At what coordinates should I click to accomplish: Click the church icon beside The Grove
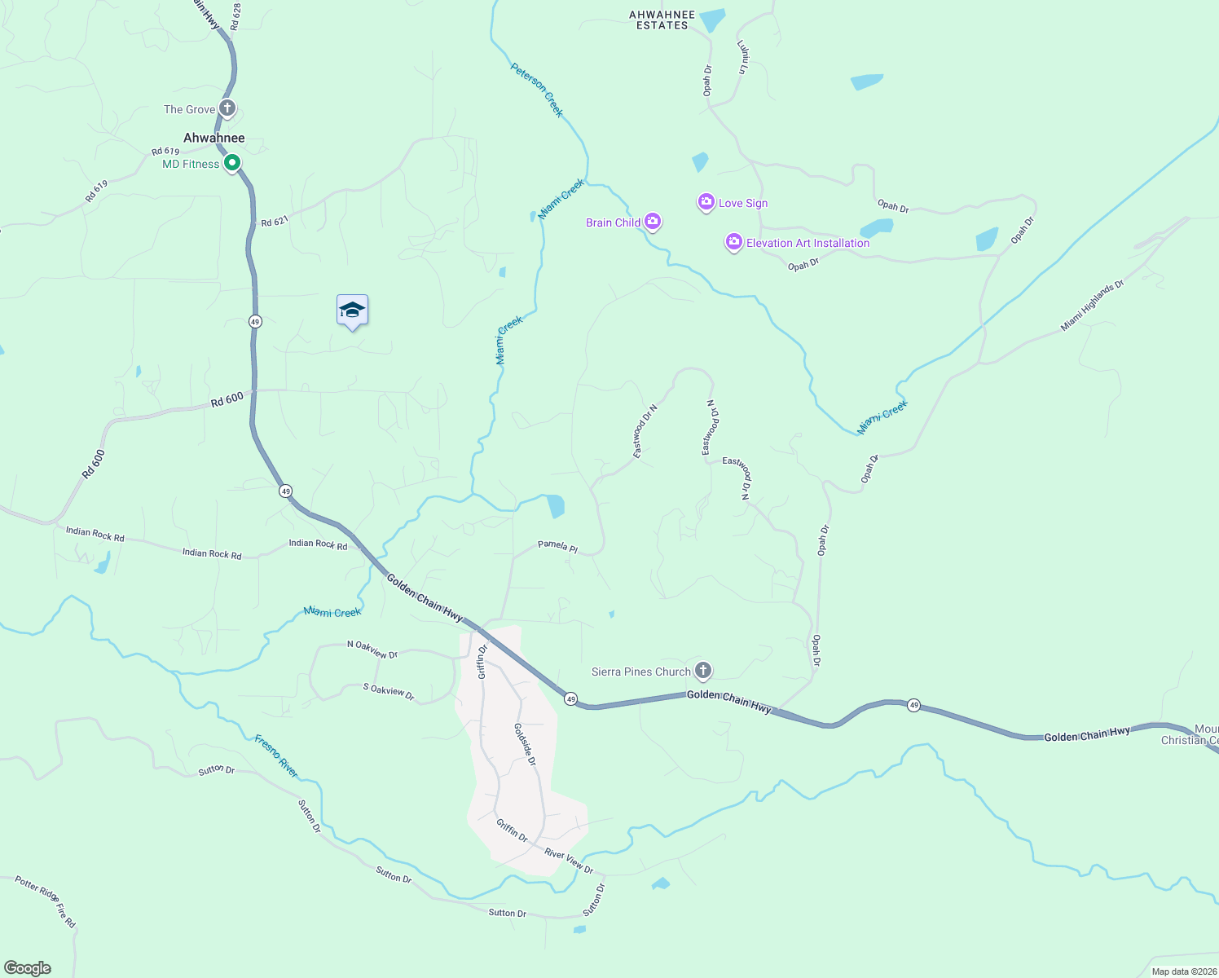click(x=227, y=108)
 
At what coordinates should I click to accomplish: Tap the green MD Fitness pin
click(x=232, y=163)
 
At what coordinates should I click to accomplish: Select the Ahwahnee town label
click(x=213, y=138)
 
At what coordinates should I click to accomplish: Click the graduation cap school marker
click(x=352, y=311)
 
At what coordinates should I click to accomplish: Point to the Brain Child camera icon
click(x=652, y=221)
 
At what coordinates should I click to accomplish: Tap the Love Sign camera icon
click(x=706, y=202)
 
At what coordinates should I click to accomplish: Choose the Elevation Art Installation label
click(x=808, y=243)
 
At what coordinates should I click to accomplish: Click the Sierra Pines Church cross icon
click(x=702, y=671)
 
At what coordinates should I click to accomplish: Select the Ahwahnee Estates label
click(x=662, y=20)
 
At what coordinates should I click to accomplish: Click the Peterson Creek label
click(x=537, y=90)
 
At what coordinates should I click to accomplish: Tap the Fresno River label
click(x=276, y=756)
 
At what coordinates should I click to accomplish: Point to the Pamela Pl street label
click(x=557, y=546)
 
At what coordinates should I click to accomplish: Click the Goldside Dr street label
click(x=526, y=744)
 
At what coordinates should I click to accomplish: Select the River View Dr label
click(x=569, y=860)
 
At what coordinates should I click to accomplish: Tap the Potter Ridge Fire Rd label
click(x=46, y=901)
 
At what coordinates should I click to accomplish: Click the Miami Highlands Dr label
click(x=1092, y=306)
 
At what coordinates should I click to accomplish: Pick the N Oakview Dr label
click(x=372, y=649)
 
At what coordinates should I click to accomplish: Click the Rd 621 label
click(x=275, y=221)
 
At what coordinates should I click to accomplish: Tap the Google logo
click(x=28, y=968)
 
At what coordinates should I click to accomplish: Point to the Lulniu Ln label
click(x=742, y=57)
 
